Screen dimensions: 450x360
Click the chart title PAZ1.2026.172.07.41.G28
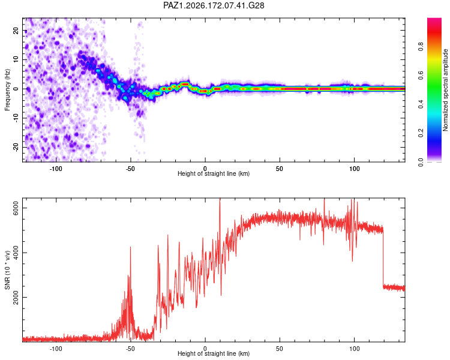point(214,5)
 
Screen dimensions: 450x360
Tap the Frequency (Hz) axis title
point(7,90)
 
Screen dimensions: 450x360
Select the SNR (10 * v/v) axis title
point(7,270)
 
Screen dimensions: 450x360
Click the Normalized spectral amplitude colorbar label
point(445,90)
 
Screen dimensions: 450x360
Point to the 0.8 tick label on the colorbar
point(421,46)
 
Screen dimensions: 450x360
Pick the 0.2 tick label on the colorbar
point(421,133)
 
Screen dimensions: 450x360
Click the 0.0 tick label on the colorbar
point(421,162)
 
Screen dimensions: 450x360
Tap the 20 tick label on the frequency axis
point(16,30)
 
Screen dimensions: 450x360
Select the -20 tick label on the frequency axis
point(16,148)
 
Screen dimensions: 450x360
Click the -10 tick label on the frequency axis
point(16,118)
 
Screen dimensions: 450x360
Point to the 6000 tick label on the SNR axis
point(16,208)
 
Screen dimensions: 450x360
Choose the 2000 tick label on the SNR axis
point(16,297)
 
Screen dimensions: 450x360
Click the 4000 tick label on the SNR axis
point(16,253)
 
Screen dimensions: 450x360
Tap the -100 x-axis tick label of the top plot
point(56,169)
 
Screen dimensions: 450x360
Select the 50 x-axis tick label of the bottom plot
point(280,348)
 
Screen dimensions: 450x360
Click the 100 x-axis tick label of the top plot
point(355,169)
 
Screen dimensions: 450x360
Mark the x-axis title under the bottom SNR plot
point(214,353)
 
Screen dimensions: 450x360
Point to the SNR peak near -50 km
point(131,247)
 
